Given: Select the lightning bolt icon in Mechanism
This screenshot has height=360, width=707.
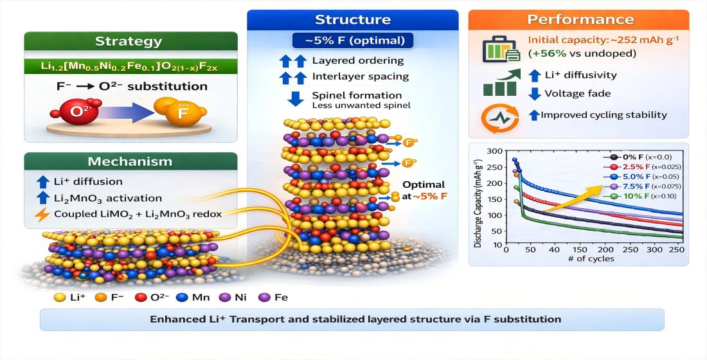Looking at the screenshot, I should point(42,215).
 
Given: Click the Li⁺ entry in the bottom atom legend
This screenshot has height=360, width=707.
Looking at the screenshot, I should point(69,298).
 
